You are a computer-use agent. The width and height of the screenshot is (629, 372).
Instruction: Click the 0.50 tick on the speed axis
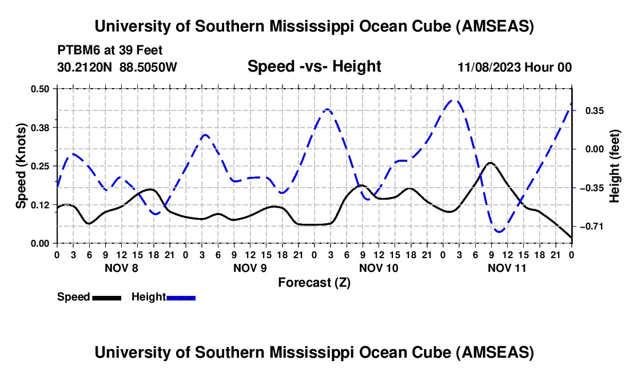coord(42,89)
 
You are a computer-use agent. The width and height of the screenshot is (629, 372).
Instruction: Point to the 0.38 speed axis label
coord(42,127)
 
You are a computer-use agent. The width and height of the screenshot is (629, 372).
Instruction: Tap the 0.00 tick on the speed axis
coord(42,243)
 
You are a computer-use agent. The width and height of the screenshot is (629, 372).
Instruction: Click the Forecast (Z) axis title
coord(314,282)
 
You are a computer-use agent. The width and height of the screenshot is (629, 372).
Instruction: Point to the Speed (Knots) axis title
coord(21,166)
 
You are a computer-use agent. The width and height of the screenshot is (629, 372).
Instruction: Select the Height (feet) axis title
coord(615,166)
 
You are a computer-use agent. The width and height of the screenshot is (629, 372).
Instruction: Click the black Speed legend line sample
coord(106,298)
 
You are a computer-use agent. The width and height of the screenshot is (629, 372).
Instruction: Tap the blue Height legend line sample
coord(181,298)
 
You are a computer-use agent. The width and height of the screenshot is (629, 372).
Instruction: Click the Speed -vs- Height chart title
coord(314,67)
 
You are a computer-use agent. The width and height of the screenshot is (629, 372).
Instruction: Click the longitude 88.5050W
coord(149,67)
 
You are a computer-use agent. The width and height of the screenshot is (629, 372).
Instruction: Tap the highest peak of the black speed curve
coord(490,163)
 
